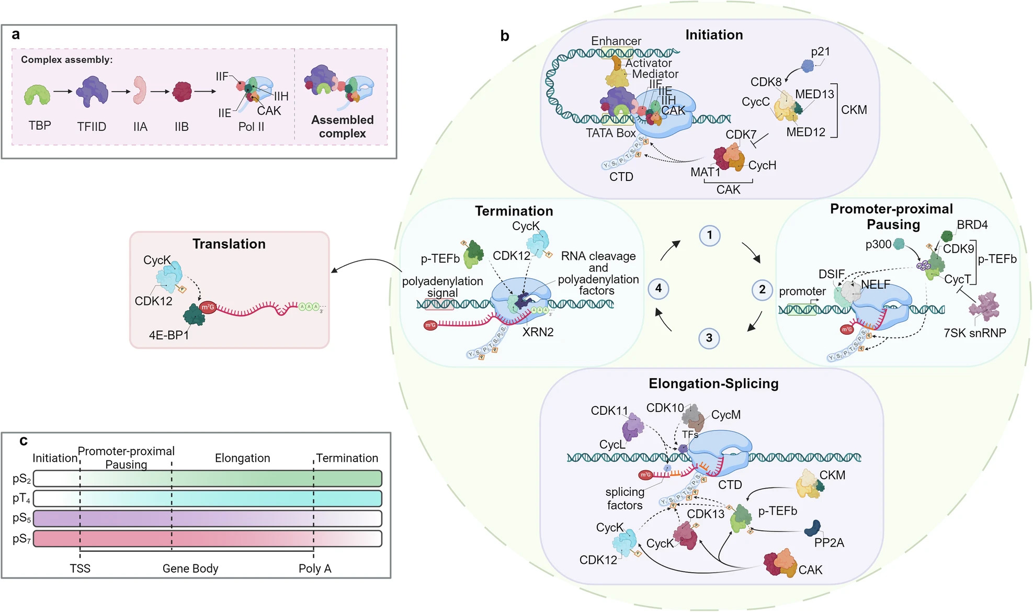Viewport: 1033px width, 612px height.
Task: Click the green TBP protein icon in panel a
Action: coord(37,95)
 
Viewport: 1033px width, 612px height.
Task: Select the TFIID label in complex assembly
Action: coord(92,127)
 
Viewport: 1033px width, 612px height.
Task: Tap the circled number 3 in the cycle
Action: coord(709,338)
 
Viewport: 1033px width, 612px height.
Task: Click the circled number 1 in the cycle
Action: coord(709,235)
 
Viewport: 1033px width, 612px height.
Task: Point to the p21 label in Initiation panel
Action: coord(820,52)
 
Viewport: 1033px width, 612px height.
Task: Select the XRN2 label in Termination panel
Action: coord(538,332)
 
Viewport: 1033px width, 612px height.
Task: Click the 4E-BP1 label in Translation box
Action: coord(168,335)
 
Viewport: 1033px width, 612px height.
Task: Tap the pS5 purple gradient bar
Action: coord(207,518)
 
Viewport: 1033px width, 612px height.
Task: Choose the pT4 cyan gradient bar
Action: coord(207,498)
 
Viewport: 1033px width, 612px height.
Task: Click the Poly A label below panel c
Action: coord(315,569)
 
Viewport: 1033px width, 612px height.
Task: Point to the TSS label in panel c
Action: coord(80,569)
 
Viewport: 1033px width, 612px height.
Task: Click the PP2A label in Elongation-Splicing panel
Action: coord(829,543)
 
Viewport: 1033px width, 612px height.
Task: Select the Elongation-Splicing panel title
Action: coord(713,383)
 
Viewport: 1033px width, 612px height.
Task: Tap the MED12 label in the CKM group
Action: coord(805,132)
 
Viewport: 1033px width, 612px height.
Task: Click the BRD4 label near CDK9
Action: coord(972,225)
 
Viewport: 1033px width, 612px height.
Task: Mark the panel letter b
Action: coord(505,36)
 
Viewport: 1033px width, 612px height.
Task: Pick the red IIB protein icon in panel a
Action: coord(182,92)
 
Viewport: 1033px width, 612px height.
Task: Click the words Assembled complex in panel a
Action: coord(342,127)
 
